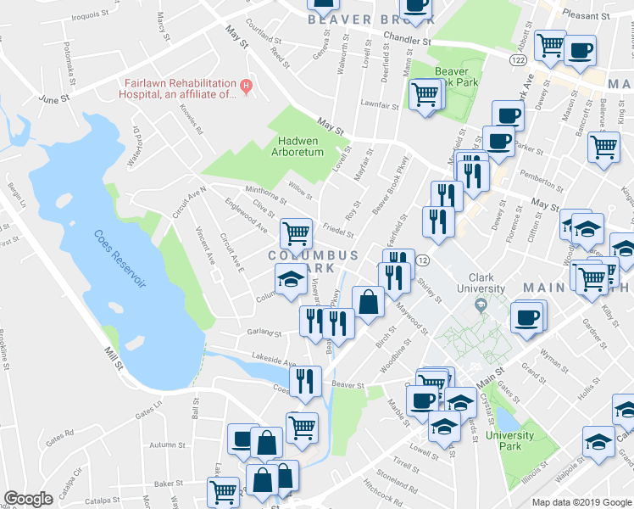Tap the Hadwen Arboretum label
click(x=297, y=147)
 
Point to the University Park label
click(x=510, y=441)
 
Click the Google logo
click(x=28, y=499)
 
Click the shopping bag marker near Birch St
click(x=369, y=300)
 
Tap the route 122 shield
click(x=519, y=61)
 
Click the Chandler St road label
click(x=407, y=39)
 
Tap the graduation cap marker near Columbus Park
click(x=290, y=279)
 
